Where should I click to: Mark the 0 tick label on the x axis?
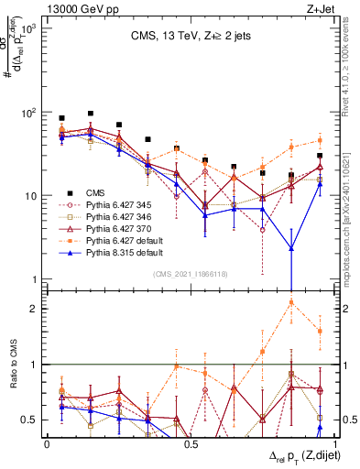click(47, 443)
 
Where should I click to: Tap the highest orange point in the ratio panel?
click(291, 301)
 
